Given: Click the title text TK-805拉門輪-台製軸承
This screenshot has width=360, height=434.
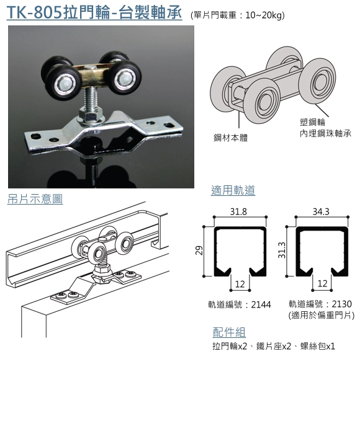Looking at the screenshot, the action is [94, 13].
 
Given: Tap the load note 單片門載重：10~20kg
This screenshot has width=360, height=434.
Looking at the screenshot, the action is [238, 15].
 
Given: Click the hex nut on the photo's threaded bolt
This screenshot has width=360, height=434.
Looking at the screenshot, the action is [90, 113].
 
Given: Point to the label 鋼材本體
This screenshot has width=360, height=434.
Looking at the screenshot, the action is [230, 138].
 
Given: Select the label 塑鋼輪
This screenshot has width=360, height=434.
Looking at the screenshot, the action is [312, 122].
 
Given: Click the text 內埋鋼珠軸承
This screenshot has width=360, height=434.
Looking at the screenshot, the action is [325, 133].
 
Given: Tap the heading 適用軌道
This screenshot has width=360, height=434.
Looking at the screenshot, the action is [233, 190].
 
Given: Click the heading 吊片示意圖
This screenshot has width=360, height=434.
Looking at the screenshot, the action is [35, 199].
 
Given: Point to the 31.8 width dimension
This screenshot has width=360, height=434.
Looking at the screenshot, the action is [238, 212].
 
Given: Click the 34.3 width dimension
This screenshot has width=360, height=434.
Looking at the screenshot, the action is [321, 212].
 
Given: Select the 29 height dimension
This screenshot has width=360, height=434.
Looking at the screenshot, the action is [199, 250].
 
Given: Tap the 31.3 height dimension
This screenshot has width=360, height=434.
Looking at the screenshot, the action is [282, 250].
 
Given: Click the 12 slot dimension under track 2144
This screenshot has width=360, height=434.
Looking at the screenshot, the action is [240, 284].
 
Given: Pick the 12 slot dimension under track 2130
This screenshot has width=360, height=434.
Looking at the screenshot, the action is [322, 284].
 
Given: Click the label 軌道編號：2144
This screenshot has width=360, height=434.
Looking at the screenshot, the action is [240, 304].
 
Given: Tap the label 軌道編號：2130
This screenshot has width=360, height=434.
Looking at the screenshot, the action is [320, 304].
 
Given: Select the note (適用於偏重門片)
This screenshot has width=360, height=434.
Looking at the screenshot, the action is [322, 315].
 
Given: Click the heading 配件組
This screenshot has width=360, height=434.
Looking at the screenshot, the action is [229, 332].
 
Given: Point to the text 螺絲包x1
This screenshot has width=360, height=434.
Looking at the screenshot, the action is [318, 346].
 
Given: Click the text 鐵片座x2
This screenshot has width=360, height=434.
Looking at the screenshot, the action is [274, 346].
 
